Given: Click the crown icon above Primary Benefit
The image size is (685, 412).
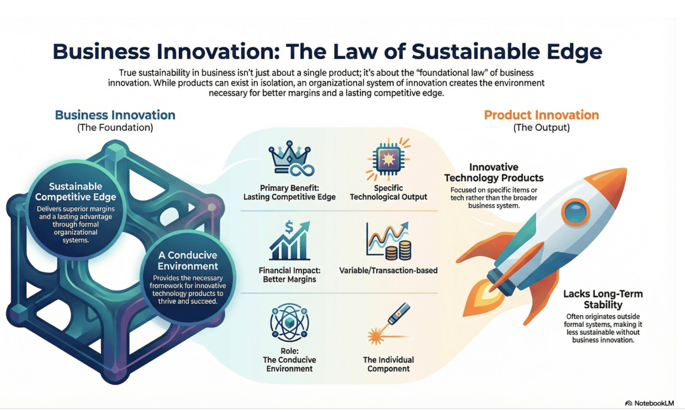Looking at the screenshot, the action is [x=291, y=158].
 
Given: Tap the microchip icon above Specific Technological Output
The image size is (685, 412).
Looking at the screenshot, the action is [x=388, y=159].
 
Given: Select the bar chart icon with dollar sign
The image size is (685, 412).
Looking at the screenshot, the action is [x=289, y=240].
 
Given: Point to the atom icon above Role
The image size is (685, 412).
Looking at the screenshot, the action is [x=289, y=322].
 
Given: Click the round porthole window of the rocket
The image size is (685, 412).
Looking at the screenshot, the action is [x=575, y=212].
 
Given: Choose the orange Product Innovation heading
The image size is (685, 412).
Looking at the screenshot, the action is [x=541, y=115].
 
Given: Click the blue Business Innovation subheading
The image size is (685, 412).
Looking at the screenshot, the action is [x=115, y=115].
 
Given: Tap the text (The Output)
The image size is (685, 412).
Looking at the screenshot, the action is [x=541, y=128].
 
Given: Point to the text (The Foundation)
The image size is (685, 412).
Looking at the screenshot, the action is [x=115, y=128].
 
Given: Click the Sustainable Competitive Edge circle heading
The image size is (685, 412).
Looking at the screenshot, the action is [x=75, y=191].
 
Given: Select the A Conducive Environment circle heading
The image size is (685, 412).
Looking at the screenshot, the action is [x=188, y=260].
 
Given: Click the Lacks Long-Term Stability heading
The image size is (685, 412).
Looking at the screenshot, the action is [x=603, y=299].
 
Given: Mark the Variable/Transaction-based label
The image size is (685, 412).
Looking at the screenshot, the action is [x=388, y=270].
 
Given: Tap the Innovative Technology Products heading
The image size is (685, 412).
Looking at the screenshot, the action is [x=494, y=173].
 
